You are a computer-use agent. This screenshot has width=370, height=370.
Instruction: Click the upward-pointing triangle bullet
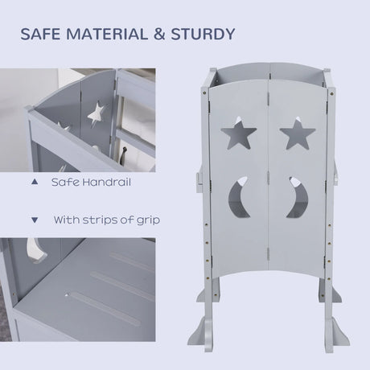33,183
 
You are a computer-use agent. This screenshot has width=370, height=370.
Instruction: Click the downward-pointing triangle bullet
33,219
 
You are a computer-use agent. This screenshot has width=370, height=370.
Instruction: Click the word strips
98,219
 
